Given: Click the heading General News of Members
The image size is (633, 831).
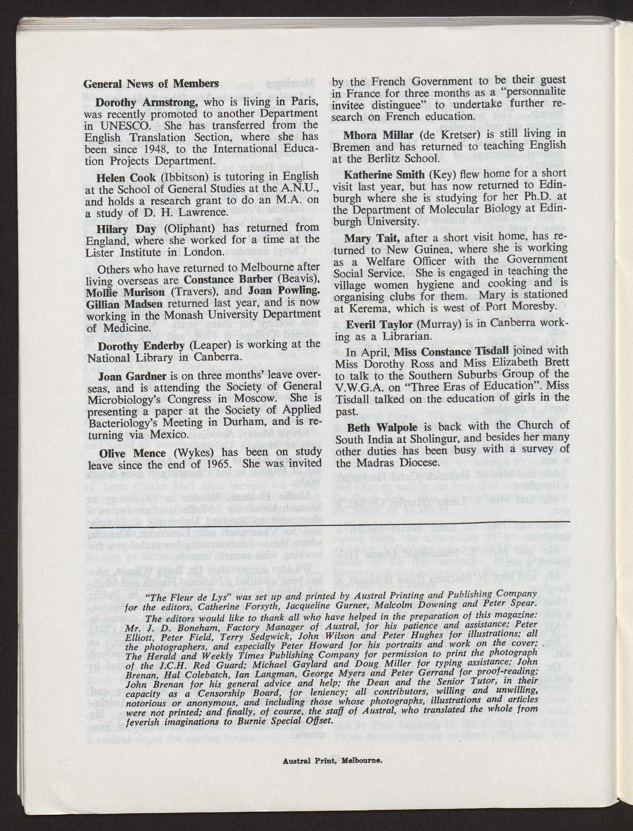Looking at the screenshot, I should [x=151, y=84].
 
